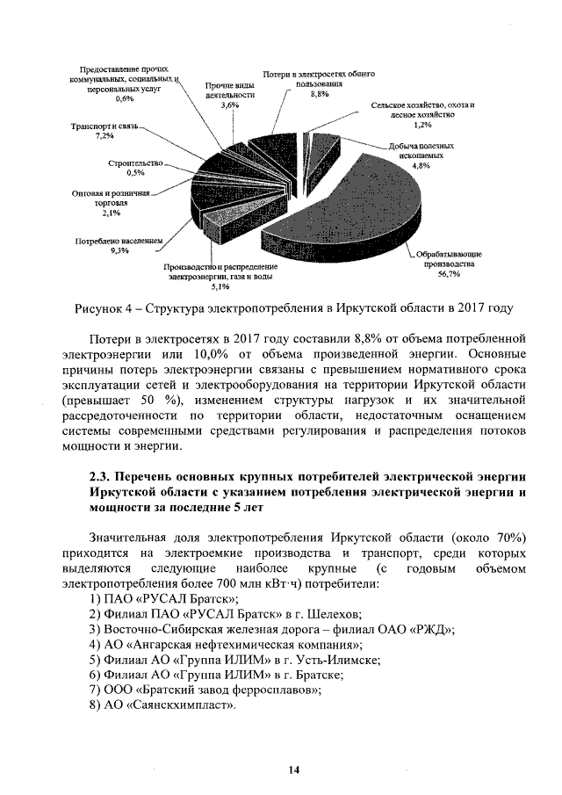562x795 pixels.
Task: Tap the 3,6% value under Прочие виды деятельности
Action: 229,105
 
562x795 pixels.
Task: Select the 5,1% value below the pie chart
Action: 220,285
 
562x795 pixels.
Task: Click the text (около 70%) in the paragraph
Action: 486,536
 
